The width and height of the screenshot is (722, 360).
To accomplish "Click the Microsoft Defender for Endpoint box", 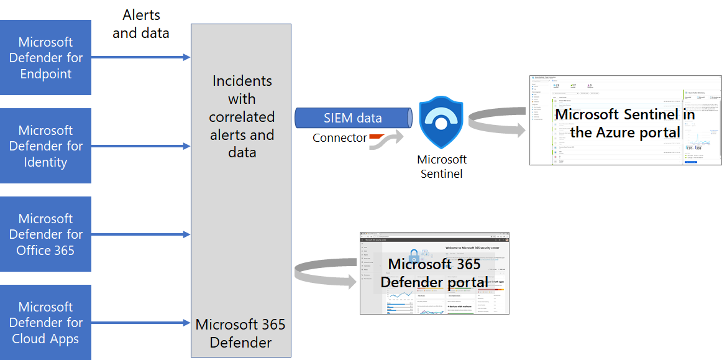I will pos(45,58).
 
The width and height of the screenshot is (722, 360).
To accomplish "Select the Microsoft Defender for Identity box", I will pos(45,146).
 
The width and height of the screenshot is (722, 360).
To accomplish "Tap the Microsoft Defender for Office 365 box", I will pos(45,234).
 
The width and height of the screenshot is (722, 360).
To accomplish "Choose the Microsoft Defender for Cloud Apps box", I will pos(45,323).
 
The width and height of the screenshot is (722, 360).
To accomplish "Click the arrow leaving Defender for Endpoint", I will pos(140,58).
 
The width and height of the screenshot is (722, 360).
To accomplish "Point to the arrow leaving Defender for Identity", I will pos(140,146).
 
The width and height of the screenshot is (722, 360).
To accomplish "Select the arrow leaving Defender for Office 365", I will pos(140,234).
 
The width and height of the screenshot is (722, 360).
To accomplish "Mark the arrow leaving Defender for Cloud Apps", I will pos(140,323).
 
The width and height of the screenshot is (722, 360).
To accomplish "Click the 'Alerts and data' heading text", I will pos(141,24).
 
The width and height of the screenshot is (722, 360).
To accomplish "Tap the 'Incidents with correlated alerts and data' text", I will pos(242,116).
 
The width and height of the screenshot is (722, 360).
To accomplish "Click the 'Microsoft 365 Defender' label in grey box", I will pos(240,333).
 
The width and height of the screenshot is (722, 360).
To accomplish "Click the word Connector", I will pos(339,138).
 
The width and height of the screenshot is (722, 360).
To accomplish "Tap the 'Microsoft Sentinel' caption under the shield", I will pos(441,167).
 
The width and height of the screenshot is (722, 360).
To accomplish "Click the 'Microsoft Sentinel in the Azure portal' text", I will pos(624,123).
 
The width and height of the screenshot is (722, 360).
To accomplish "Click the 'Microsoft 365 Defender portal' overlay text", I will pos(434,273).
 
